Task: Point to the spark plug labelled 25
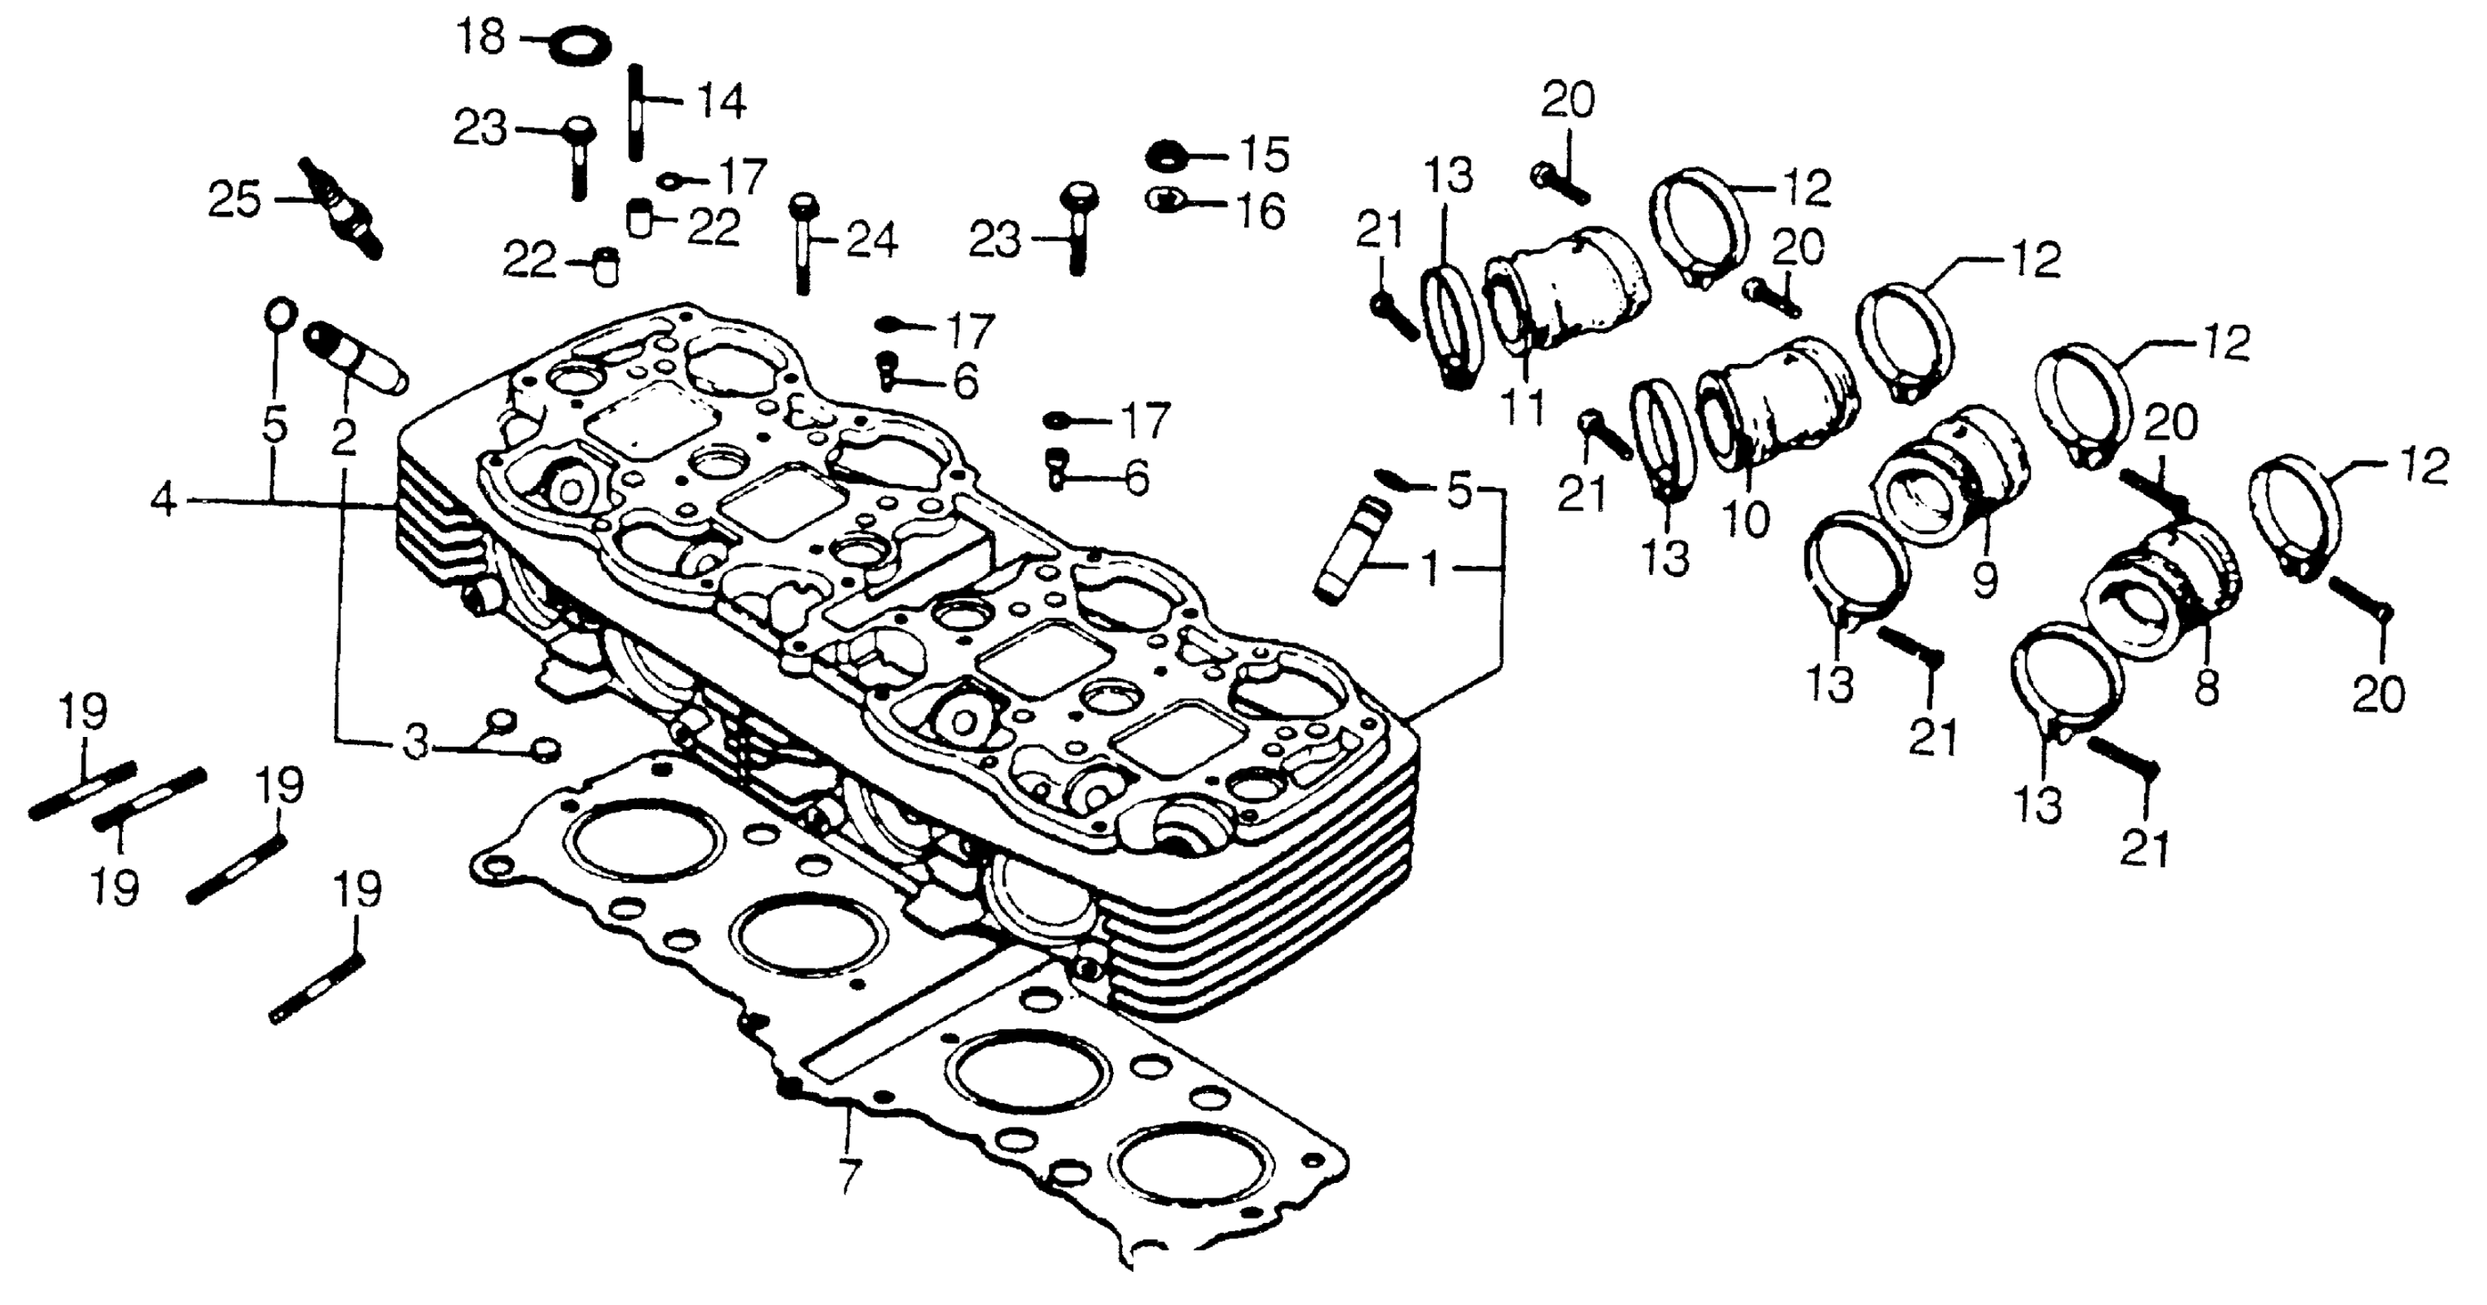[x=343, y=207]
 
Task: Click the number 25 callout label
[x=235, y=201]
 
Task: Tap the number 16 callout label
[x=1261, y=211]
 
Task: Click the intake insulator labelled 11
[x=1564, y=289]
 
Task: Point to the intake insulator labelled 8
[x=2162, y=593]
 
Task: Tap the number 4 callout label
[x=165, y=501]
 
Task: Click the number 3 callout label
[x=415, y=743]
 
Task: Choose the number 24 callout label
[x=872, y=240]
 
